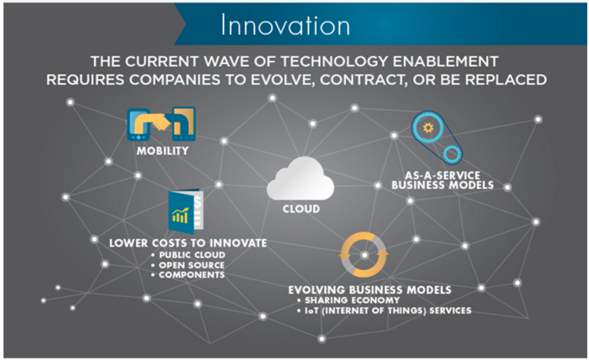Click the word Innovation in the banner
pyautogui.click(x=285, y=25)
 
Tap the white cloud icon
pyautogui.click(x=300, y=179)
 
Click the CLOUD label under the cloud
pyautogui.click(x=301, y=209)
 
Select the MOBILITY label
pyautogui.click(x=163, y=151)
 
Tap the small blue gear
pyautogui.click(x=451, y=153)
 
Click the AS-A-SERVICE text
pyautogui.click(x=443, y=176)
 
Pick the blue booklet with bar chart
pyautogui.click(x=186, y=211)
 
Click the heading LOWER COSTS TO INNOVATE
pyautogui.click(x=188, y=243)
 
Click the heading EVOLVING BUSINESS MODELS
pyautogui.click(x=369, y=290)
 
